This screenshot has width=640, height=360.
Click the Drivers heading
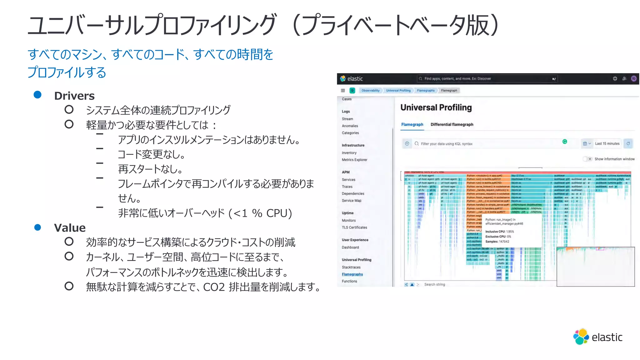(x=74, y=96)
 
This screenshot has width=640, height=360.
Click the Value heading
(x=70, y=228)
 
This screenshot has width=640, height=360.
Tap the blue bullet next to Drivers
(x=37, y=95)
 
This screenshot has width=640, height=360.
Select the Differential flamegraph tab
(x=452, y=124)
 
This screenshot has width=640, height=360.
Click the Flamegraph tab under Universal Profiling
(x=412, y=124)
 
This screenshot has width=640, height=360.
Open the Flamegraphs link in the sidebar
(x=352, y=274)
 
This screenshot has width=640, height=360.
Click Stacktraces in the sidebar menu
(x=351, y=267)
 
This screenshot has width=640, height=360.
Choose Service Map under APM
(x=351, y=201)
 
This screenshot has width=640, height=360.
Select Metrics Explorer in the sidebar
(x=354, y=160)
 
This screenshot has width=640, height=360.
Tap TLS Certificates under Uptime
(x=354, y=227)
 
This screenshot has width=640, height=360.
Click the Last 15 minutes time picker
(x=607, y=144)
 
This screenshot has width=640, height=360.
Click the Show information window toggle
(x=587, y=159)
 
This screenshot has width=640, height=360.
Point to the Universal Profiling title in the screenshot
(x=436, y=107)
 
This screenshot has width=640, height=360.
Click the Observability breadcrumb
(x=370, y=91)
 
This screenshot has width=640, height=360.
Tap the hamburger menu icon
(x=343, y=91)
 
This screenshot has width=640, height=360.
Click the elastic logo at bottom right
(x=597, y=337)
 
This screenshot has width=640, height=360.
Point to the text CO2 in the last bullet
(x=214, y=287)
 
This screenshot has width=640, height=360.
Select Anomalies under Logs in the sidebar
(x=350, y=126)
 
